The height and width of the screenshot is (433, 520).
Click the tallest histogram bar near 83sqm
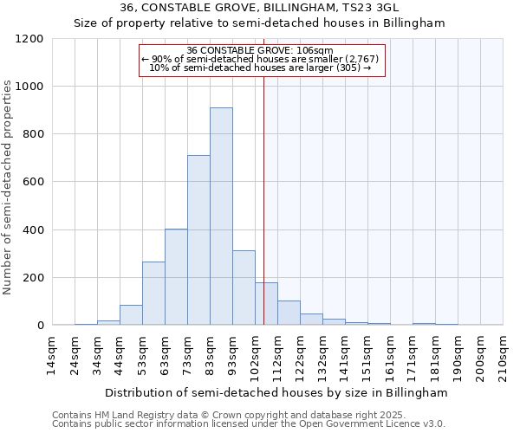[x=221, y=216]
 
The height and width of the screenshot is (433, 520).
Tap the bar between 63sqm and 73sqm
[x=176, y=277]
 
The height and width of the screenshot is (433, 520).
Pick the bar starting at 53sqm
[x=153, y=294]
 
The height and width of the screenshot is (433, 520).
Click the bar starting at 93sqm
[x=244, y=288]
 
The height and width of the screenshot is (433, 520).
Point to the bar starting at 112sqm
[x=289, y=313]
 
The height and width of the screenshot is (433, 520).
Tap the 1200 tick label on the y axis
[x=29, y=39]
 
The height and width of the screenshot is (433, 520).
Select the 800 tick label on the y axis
[x=33, y=134]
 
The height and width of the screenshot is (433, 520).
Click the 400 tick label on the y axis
[x=33, y=230]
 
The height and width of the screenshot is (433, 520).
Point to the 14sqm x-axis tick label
[x=52, y=355]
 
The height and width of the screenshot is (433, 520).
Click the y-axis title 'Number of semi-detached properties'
[x=9, y=187]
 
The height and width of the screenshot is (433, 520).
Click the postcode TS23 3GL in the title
[x=373, y=9]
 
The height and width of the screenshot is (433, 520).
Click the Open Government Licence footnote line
[x=249, y=424]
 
